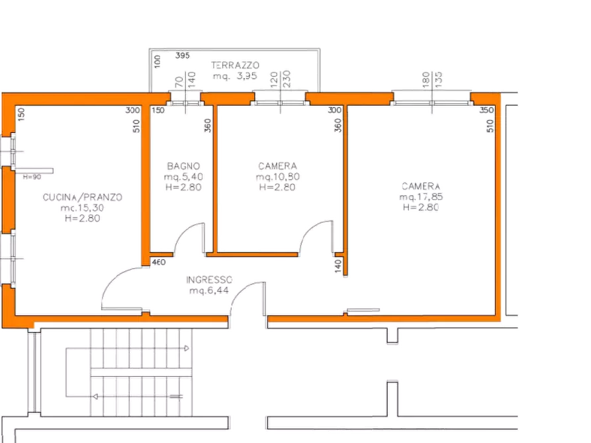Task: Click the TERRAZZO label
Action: click(x=236, y=65)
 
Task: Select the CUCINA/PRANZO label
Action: click(x=83, y=197)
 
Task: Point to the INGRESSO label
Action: click(x=209, y=280)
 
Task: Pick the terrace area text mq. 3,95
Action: click(x=235, y=76)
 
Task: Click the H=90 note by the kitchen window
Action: click(x=31, y=177)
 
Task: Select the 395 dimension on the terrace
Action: click(x=183, y=56)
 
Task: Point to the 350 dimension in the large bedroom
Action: click(x=486, y=110)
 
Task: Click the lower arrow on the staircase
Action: click(x=98, y=396)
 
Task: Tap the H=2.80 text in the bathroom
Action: click(x=183, y=187)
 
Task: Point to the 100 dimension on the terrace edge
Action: click(x=158, y=64)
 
